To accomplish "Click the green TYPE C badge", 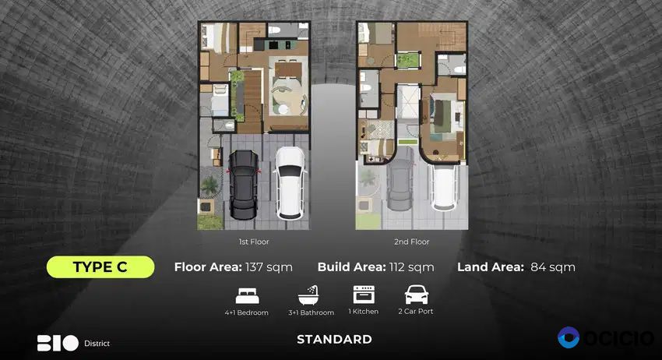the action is [100, 267].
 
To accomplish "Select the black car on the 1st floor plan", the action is [243, 184].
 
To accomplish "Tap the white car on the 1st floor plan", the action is [289, 182].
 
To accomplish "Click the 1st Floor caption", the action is [254, 242].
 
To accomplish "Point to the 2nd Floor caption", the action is [412, 242].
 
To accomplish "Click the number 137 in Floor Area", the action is [254, 267].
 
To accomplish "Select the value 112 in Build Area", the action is [397, 267].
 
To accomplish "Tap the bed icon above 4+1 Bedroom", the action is [248, 296].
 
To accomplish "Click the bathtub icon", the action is [309, 295].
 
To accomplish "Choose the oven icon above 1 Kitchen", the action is [364, 295].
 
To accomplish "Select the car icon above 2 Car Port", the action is [417, 295].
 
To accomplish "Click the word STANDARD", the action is [334, 339].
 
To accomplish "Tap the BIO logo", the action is [58, 343].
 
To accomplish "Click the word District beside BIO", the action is [97, 344].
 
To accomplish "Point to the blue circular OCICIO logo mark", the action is [569, 337].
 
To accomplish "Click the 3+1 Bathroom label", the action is [312, 312].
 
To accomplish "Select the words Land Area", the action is [491, 267].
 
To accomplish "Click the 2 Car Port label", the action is [416, 312].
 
